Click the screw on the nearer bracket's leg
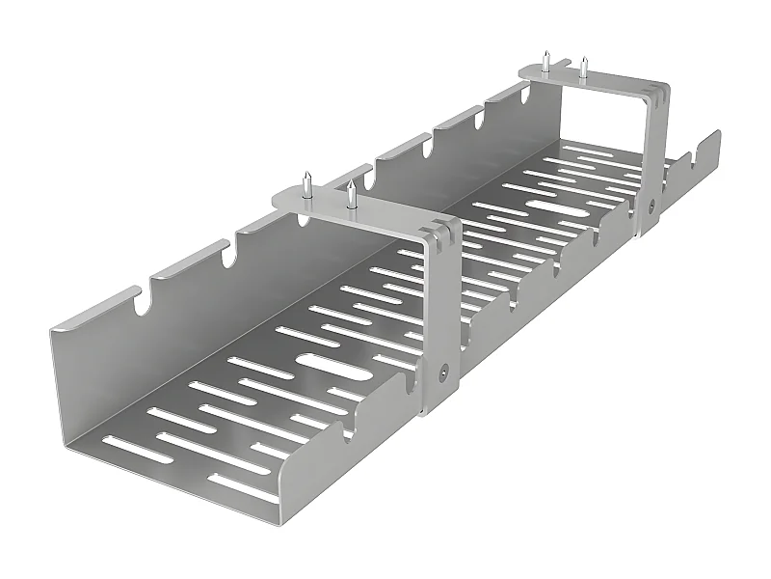442,369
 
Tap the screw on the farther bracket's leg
651,204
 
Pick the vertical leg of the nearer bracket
439,328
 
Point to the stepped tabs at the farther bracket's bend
657,94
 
